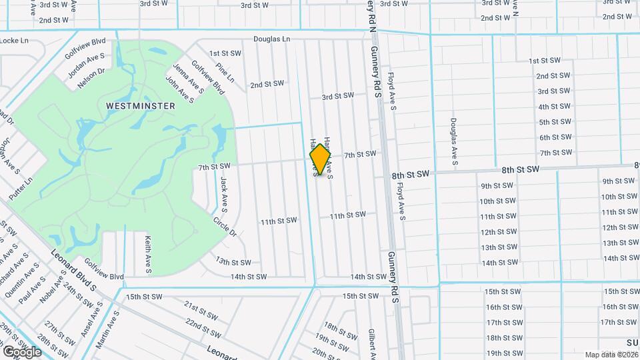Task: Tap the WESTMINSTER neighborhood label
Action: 140,106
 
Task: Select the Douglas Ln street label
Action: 271,40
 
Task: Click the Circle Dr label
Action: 225,226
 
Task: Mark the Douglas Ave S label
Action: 453,142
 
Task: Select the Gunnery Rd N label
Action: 373,15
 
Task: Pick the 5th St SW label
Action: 554,122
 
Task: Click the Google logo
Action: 22,351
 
